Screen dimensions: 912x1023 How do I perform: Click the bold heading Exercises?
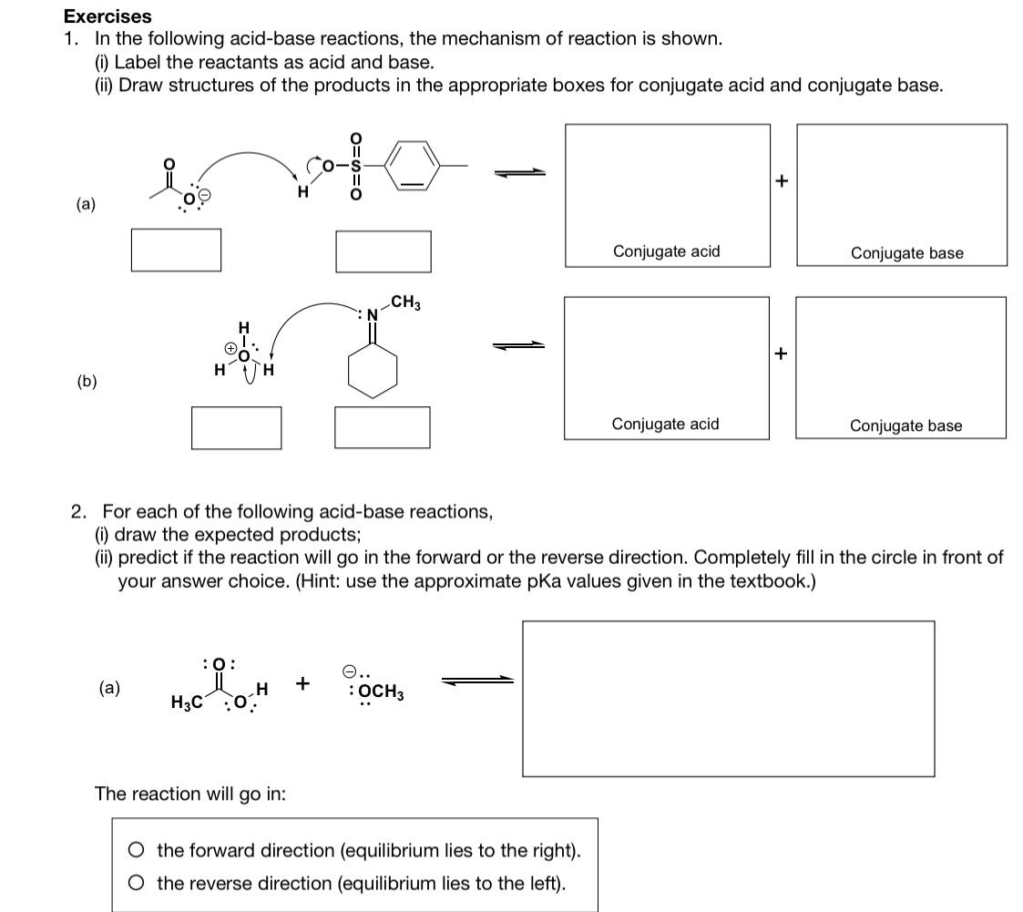[107, 16]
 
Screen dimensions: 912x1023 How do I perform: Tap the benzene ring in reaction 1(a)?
[412, 165]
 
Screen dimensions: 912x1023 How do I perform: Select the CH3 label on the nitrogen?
[404, 302]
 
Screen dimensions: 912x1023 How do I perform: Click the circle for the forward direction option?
[136, 850]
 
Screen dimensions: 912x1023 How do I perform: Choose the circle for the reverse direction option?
[136, 883]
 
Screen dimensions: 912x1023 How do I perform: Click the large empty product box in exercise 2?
[728, 698]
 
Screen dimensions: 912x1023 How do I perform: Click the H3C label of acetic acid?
[186, 702]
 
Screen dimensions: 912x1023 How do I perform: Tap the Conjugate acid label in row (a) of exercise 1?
[666, 251]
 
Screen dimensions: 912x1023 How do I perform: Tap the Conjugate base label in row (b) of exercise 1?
[905, 425]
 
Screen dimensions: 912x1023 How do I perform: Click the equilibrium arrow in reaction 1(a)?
[520, 172]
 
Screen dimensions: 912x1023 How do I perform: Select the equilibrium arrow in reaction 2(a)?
[477, 680]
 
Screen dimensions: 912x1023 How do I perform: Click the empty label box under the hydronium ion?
[236, 426]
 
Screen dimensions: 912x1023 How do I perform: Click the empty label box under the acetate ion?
[176, 249]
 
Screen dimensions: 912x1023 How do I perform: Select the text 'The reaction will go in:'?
[190, 794]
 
